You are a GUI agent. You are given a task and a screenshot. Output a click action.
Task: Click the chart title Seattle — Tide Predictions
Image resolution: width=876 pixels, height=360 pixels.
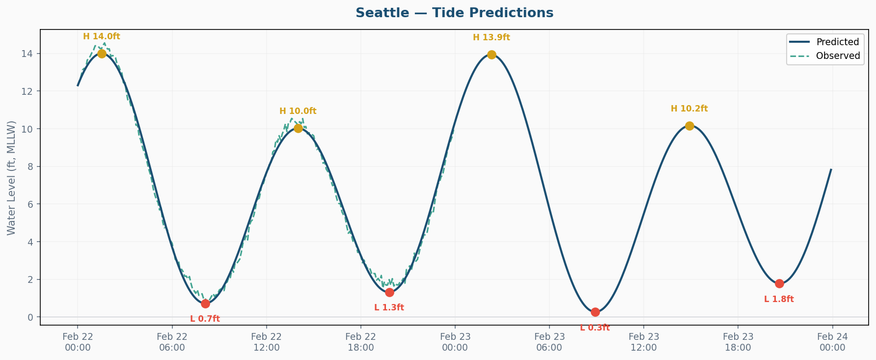[454, 13]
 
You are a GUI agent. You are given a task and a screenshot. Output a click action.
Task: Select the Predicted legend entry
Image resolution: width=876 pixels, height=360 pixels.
[837, 42]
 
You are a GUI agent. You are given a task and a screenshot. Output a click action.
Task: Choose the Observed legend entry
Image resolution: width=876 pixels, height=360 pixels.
[838, 56]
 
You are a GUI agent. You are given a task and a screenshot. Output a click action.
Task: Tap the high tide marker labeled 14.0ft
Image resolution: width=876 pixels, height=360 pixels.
[102, 54]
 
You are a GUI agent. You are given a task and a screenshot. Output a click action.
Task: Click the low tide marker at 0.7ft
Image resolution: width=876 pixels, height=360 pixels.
[205, 304]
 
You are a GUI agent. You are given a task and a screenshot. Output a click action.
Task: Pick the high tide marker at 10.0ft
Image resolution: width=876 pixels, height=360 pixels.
[298, 128]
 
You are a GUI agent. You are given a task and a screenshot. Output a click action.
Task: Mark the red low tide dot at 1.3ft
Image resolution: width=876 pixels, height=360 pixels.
[389, 292]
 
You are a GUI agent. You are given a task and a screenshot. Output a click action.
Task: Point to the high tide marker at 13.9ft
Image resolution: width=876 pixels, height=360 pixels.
[492, 55]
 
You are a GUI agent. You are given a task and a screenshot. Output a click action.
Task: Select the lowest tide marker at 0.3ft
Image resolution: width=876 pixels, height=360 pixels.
[595, 312]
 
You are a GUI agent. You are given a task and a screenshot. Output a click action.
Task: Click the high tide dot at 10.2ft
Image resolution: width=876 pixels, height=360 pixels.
[689, 126]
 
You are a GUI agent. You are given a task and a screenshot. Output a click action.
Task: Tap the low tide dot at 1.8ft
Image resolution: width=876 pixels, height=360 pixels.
[779, 283]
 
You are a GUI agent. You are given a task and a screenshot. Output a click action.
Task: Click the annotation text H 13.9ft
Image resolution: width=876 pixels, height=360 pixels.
[492, 37]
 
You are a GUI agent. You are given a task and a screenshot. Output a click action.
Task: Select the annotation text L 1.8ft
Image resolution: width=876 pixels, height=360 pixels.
[779, 300]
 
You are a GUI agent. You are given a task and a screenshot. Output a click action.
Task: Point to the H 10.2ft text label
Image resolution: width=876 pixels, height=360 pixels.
[689, 109]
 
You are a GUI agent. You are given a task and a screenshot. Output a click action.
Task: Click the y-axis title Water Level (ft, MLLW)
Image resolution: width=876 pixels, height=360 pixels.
[12, 177]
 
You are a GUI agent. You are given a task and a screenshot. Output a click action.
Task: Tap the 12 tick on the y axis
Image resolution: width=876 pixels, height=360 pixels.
[29, 91]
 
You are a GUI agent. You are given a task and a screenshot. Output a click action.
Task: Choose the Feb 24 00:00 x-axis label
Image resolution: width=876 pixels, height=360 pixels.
[832, 342]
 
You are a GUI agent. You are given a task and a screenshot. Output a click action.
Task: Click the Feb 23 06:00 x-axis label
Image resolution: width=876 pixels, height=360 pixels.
[549, 342]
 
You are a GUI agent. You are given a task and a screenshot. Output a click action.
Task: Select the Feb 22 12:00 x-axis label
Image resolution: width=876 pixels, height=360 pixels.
[267, 342]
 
